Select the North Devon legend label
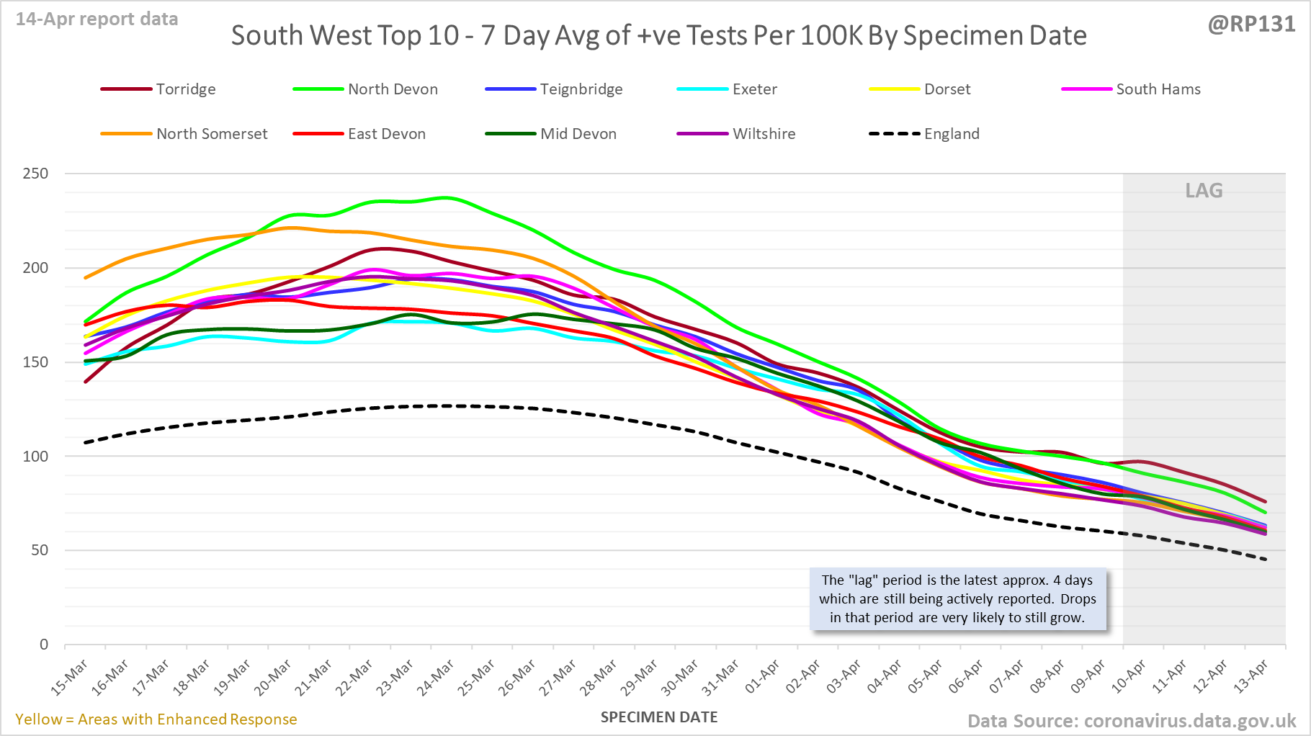[393, 89]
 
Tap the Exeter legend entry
[754, 89]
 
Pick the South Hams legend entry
[1158, 89]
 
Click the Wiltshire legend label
[764, 134]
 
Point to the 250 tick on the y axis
[36, 174]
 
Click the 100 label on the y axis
[36, 456]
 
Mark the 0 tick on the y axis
[44, 645]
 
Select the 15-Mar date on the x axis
[71, 677]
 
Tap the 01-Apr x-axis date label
[763, 677]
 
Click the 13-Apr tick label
[1251, 677]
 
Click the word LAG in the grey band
[1204, 191]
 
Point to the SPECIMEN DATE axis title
[659, 717]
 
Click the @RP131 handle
[1251, 24]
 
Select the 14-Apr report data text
[97, 19]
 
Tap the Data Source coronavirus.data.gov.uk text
[1131, 721]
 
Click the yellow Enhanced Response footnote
[156, 719]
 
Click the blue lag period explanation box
[957, 599]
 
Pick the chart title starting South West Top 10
[658, 35]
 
